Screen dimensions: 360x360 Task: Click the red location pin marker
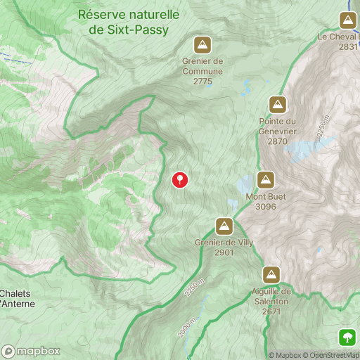(180, 179)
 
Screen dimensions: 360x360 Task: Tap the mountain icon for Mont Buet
(265, 180)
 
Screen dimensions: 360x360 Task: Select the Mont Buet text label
(266, 197)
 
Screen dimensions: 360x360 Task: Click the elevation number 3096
(266, 207)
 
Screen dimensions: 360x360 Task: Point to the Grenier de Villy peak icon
(224, 226)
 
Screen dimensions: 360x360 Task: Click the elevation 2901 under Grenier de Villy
(224, 252)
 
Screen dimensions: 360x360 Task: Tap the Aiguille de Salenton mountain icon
(271, 275)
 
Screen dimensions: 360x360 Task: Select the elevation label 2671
(271, 311)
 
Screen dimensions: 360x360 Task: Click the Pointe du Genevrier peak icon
(278, 105)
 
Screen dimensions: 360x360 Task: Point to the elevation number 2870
(278, 141)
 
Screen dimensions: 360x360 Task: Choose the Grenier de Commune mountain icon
(202, 46)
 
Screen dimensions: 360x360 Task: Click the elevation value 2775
(202, 82)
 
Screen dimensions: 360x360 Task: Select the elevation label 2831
(348, 46)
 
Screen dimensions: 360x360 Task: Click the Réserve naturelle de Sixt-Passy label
(129, 21)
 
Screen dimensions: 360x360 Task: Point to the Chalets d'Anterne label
(17, 298)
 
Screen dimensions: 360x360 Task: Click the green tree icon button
(347, 336)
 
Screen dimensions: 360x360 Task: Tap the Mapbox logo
(31, 351)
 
